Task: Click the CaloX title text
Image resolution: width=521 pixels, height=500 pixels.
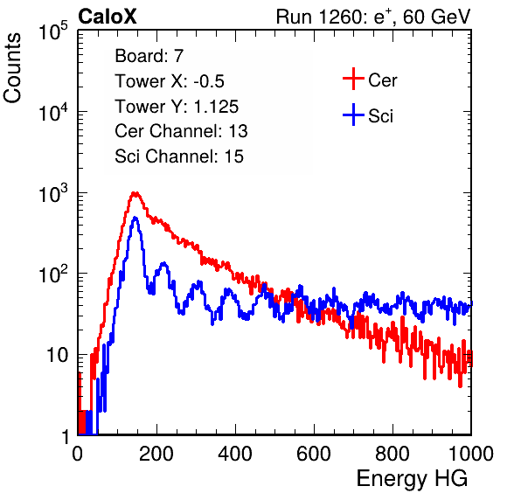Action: pos(108,17)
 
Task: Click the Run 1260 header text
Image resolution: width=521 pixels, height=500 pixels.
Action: pos(373,17)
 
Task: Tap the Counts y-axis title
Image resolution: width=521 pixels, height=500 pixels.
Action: pos(12,68)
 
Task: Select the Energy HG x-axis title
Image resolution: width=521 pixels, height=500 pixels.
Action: pos(412,479)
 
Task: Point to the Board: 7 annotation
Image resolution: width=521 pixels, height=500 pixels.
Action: pos(149,56)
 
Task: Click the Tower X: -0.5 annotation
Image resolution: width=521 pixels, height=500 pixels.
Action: pos(170,81)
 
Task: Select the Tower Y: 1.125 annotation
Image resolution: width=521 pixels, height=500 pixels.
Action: pos(177,107)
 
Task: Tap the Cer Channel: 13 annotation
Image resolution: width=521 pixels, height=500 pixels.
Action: pos(181,131)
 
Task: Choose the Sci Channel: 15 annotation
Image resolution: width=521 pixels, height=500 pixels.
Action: pos(179,156)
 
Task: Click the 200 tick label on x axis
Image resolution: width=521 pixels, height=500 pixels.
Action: pos(156,454)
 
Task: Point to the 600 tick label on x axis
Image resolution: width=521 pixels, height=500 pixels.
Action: pos(314,454)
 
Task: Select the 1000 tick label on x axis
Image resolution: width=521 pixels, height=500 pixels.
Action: pos(471,454)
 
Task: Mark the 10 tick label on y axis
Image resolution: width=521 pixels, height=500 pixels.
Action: pos(57,355)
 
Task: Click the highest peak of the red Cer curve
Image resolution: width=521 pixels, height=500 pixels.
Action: pos(135,192)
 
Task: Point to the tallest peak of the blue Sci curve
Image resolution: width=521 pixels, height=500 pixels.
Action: pos(135,218)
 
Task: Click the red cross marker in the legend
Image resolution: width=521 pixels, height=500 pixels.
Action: pos(353,79)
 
